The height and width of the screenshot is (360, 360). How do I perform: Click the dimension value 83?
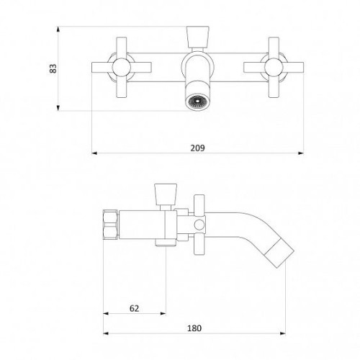(53, 68)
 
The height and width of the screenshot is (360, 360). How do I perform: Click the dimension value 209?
(198, 148)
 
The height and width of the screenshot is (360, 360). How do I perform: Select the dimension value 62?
(134, 308)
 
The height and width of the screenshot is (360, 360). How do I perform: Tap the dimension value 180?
(194, 328)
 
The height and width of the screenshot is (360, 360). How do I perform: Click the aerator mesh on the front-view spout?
(197, 101)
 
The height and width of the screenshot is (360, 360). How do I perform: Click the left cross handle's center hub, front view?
(122, 68)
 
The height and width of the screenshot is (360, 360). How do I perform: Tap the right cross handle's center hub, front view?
(274, 68)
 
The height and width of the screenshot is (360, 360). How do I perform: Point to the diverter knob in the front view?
(197, 37)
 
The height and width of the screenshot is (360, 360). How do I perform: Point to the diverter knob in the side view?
(166, 194)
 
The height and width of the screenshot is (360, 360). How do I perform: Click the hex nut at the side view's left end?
(111, 225)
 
